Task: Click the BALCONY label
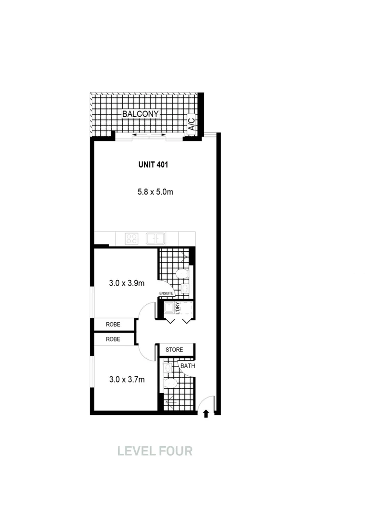tap(141, 114)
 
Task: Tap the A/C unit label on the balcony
tap(192, 124)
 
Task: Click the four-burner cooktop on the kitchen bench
tap(132, 238)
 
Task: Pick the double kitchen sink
tap(156, 238)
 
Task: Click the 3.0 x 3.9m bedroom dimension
tap(127, 283)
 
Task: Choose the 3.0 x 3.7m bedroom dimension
tap(127, 380)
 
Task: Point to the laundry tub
tap(170, 308)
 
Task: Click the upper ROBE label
tap(113, 324)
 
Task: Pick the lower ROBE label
tap(113, 340)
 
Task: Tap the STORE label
tap(174, 350)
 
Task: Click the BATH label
tap(187, 366)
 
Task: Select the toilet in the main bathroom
tap(170, 384)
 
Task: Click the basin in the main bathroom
tap(167, 369)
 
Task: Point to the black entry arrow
tap(206, 413)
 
